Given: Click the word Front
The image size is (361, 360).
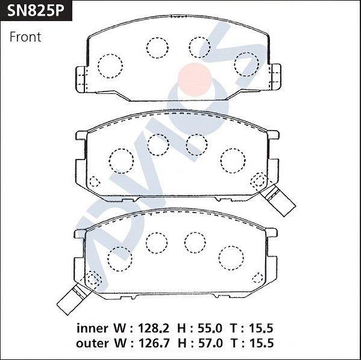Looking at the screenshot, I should click(x=25, y=37).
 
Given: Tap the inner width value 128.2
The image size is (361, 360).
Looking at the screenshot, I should click(x=150, y=329).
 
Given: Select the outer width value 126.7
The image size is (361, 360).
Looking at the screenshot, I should click(x=150, y=343).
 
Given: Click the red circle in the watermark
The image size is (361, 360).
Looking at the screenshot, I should click(x=195, y=78).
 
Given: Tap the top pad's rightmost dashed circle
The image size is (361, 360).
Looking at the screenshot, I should click(x=246, y=64).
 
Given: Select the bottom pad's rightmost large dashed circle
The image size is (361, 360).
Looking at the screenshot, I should click(x=230, y=258).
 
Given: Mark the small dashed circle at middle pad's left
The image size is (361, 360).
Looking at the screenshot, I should click(x=95, y=182).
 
